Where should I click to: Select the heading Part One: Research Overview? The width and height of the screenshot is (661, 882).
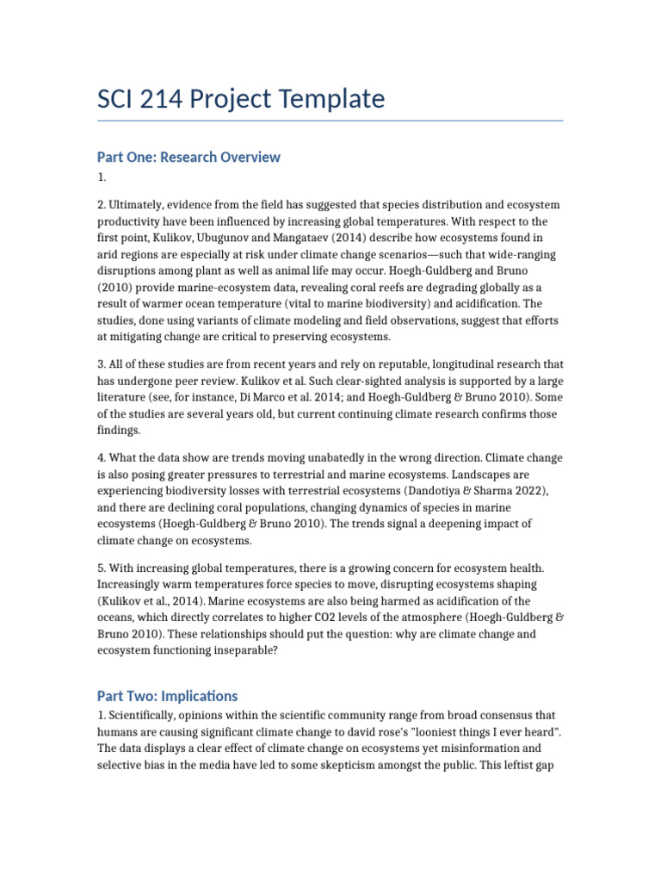[188, 157]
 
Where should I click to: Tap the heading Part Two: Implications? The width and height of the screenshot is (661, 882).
[167, 696]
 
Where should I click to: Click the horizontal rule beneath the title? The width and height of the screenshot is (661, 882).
[330, 121]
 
